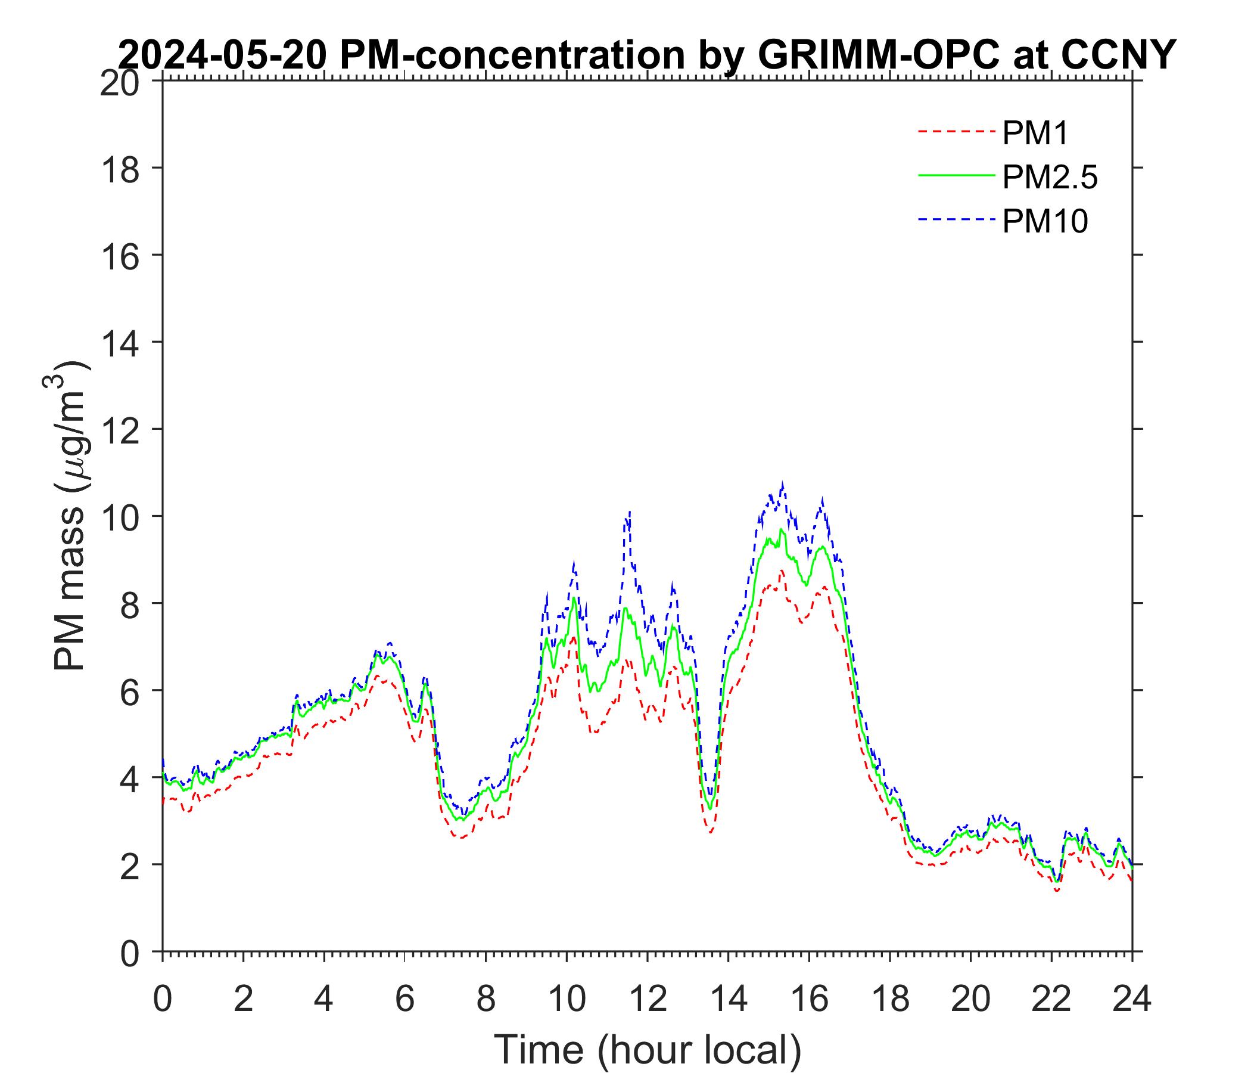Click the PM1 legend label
tap(1035, 134)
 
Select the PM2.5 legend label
tap(1049, 178)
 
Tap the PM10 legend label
tap(1044, 222)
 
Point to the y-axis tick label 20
tap(119, 83)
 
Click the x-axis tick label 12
tap(647, 1000)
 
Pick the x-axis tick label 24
tap(1131, 1000)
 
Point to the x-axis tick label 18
tap(890, 1000)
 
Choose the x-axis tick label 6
tap(404, 1000)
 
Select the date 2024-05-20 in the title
tap(223, 55)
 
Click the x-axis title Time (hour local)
tap(647, 1049)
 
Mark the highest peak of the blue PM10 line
tap(783, 484)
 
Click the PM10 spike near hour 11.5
tap(629, 512)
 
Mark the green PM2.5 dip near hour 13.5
tap(710, 808)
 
